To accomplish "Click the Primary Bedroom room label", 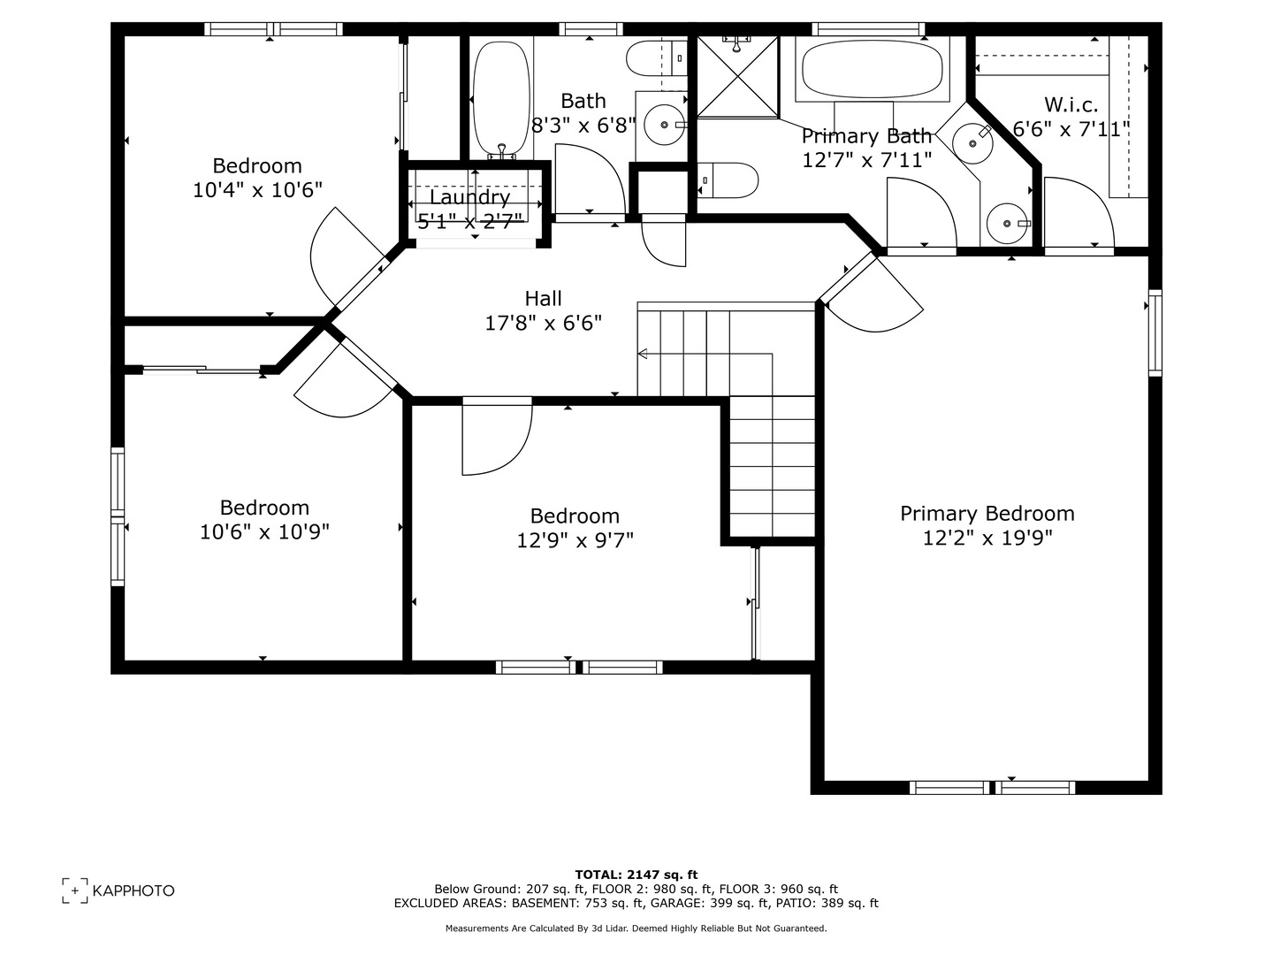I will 987,514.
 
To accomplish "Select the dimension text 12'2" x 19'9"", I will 987,539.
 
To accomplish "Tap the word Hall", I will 543,299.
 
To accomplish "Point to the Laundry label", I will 469,197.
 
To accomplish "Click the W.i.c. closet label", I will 1071,104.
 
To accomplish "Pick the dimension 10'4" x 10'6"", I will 257,189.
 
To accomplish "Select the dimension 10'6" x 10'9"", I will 264,531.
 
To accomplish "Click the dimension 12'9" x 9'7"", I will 575,539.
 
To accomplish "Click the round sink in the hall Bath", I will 662,125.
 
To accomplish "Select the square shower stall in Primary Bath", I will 737,77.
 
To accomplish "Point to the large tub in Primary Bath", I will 871,69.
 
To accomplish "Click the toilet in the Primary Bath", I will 728,180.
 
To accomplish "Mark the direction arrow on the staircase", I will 643,354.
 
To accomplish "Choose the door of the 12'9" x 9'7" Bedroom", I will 497,435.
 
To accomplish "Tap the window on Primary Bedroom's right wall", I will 1155,332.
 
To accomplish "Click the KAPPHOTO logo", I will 118,890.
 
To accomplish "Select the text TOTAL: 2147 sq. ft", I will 636,875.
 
